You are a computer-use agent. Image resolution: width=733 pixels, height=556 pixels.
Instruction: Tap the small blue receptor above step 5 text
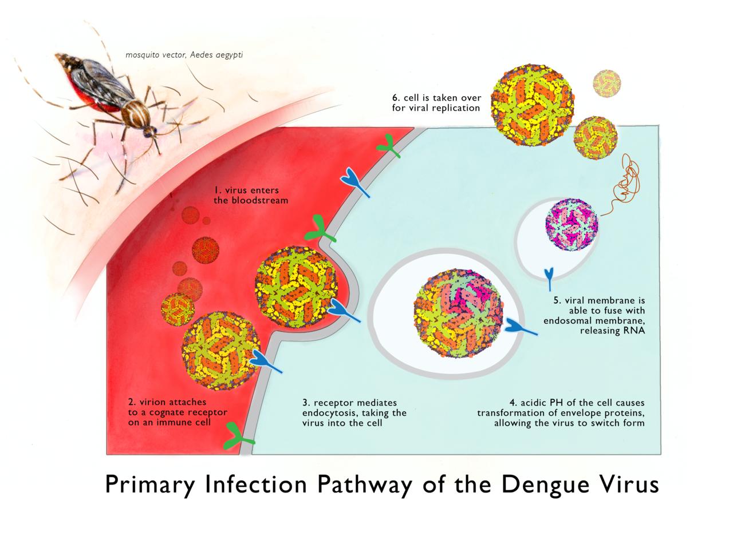tap(550, 278)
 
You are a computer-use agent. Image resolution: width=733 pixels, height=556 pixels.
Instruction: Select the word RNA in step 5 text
tap(635, 331)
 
